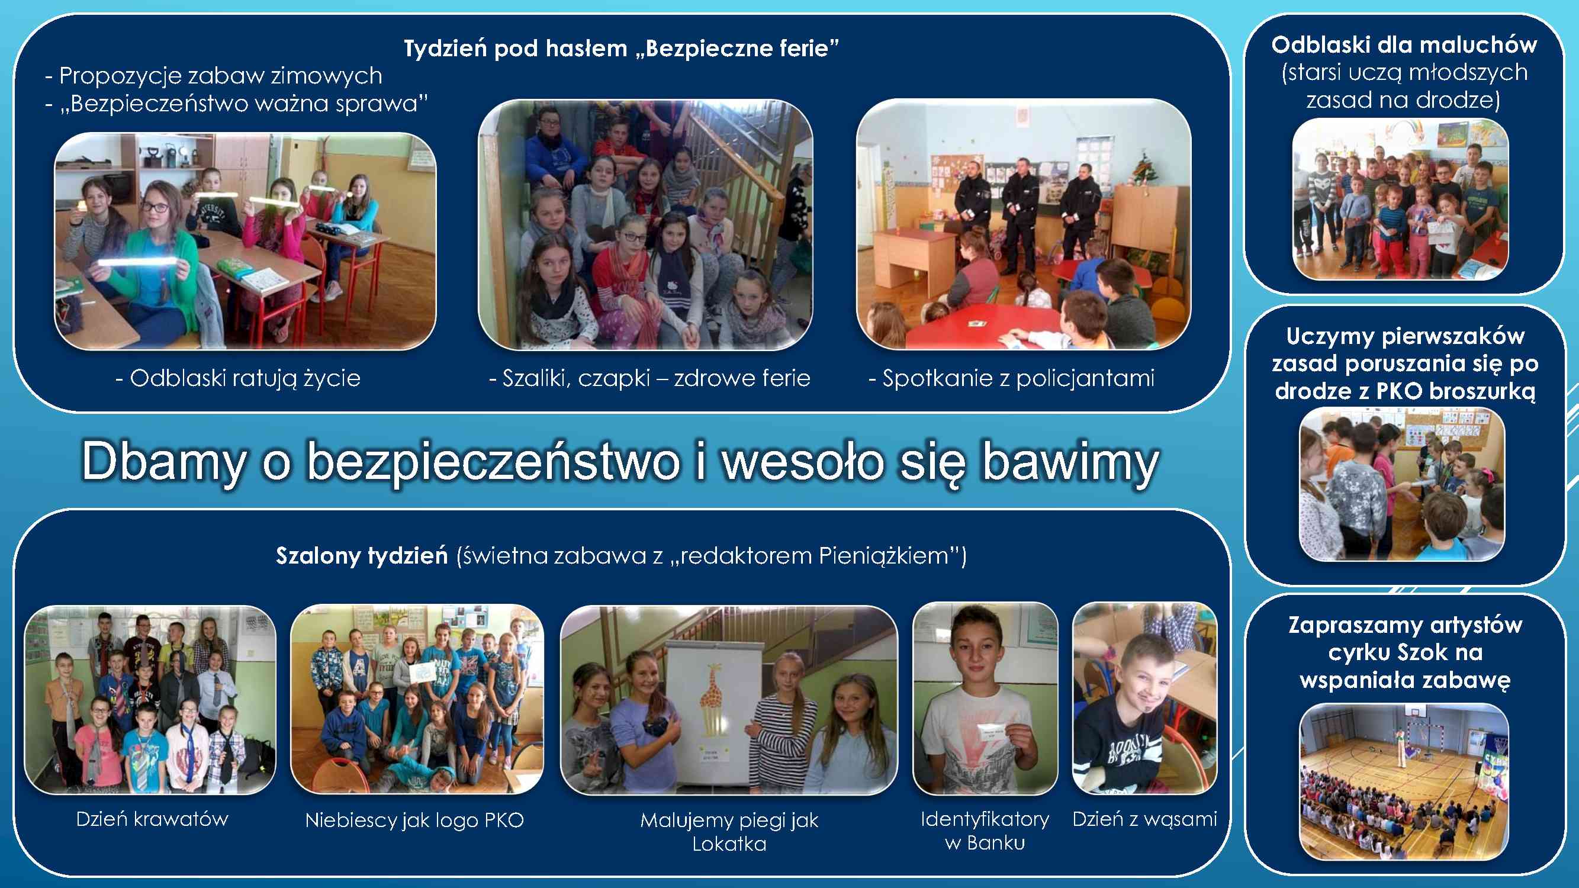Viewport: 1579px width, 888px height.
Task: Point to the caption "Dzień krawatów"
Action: pyautogui.click(x=152, y=819)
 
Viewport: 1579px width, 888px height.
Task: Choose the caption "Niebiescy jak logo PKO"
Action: pyautogui.click(x=414, y=820)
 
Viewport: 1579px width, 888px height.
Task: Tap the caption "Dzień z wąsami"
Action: pyautogui.click(x=1144, y=819)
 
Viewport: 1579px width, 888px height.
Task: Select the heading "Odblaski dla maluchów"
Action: pyautogui.click(x=1404, y=45)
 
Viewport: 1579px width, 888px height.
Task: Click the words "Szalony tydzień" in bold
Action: pyautogui.click(x=362, y=555)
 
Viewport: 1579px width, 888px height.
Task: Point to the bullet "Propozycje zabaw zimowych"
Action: pyautogui.click(x=213, y=75)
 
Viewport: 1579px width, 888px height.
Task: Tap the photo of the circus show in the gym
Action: pyautogui.click(x=1404, y=781)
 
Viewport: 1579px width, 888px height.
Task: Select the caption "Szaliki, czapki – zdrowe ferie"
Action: pyautogui.click(x=649, y=378)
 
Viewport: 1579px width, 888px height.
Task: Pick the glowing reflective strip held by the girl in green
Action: pyautogui.click(x=139, y=262)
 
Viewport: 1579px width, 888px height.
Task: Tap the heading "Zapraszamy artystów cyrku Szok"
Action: pyautogui.click(x=1405, y=639)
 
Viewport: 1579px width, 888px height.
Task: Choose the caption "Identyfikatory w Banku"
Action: pyautogui.click(x=985, y=831)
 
